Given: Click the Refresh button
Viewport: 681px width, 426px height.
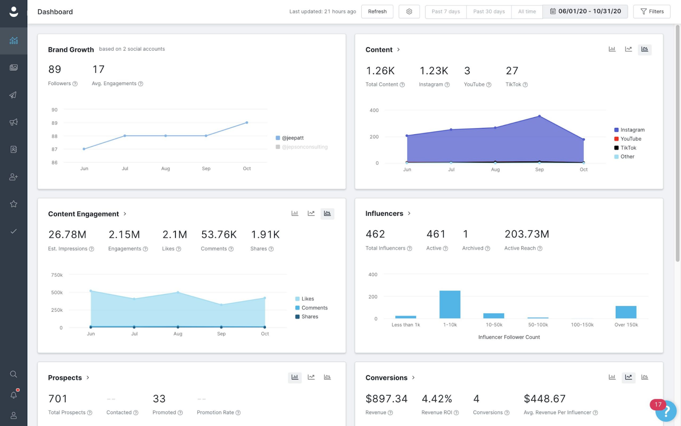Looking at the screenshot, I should point(377,12).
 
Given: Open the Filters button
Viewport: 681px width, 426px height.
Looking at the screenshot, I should point(652,12).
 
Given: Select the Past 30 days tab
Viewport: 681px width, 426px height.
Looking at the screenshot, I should point(489,12).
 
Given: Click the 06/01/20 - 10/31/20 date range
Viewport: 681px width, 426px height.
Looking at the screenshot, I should point(585,12).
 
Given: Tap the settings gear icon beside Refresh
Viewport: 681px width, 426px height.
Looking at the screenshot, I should point(409,12).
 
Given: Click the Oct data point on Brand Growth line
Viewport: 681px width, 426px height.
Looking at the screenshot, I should point(247,123).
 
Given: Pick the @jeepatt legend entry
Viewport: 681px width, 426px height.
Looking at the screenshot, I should point(292,138).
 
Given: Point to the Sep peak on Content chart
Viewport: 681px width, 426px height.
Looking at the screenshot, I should point(539,116).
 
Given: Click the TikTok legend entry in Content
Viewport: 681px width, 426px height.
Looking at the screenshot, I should point(628,148).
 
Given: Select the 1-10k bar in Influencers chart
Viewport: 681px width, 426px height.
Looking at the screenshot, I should point(450,304).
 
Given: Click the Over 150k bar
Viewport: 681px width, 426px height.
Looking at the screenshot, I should point(626,312).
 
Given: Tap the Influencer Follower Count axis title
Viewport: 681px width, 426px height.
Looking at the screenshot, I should point(509,337).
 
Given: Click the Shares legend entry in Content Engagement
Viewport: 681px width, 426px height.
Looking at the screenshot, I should point(309,317).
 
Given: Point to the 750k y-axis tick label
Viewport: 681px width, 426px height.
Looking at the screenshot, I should point(57,275).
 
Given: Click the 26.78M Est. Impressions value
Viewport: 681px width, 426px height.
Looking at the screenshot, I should point(67,235).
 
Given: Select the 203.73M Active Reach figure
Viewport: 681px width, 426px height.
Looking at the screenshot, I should point(526,234).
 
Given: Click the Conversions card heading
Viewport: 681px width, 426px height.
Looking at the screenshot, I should point(386,378).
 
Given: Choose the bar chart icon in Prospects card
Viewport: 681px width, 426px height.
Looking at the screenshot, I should point(295,377).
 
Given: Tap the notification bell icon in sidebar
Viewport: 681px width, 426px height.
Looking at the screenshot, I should point(14,395).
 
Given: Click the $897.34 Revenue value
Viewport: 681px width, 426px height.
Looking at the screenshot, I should point(386,399).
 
